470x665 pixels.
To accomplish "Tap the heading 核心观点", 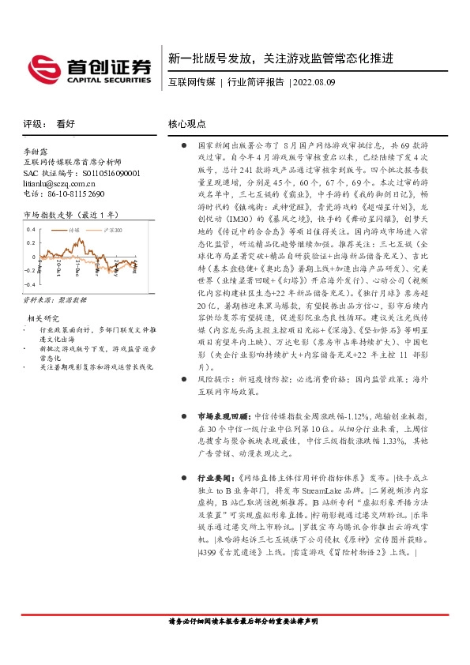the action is [x=187, y=124].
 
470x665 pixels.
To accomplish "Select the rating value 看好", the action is [x=66, y=125].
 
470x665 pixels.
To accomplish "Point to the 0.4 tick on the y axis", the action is [x=32, y=229].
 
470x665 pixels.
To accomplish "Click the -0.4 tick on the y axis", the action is [x=30, y=284].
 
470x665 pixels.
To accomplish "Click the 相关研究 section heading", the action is [x=45, y=317].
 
